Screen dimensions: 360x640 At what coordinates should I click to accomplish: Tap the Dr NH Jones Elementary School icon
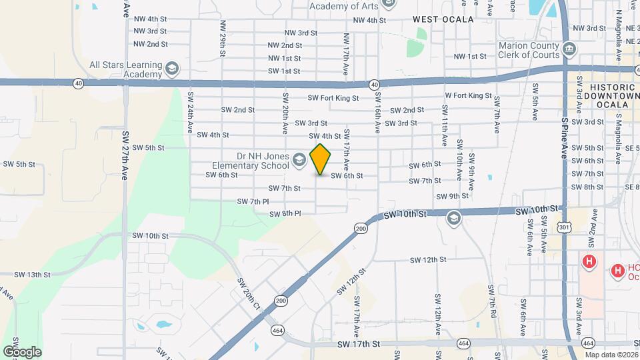299,159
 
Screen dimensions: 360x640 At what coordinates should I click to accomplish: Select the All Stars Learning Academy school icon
172,69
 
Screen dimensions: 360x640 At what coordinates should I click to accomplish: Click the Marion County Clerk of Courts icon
570,49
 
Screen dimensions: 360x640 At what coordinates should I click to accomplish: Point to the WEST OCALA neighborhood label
443,19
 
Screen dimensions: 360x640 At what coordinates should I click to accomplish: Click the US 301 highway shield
565,228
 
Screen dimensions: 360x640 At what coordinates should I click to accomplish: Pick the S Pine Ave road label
564,137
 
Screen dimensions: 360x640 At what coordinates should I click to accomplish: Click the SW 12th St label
427,260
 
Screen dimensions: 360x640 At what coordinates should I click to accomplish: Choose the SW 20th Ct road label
249,295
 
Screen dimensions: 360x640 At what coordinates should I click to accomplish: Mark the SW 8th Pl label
285,214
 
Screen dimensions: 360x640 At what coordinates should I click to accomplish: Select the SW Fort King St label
333,98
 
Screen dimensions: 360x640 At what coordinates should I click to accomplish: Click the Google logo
22,352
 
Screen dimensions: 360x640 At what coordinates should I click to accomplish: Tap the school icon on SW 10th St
454,217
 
